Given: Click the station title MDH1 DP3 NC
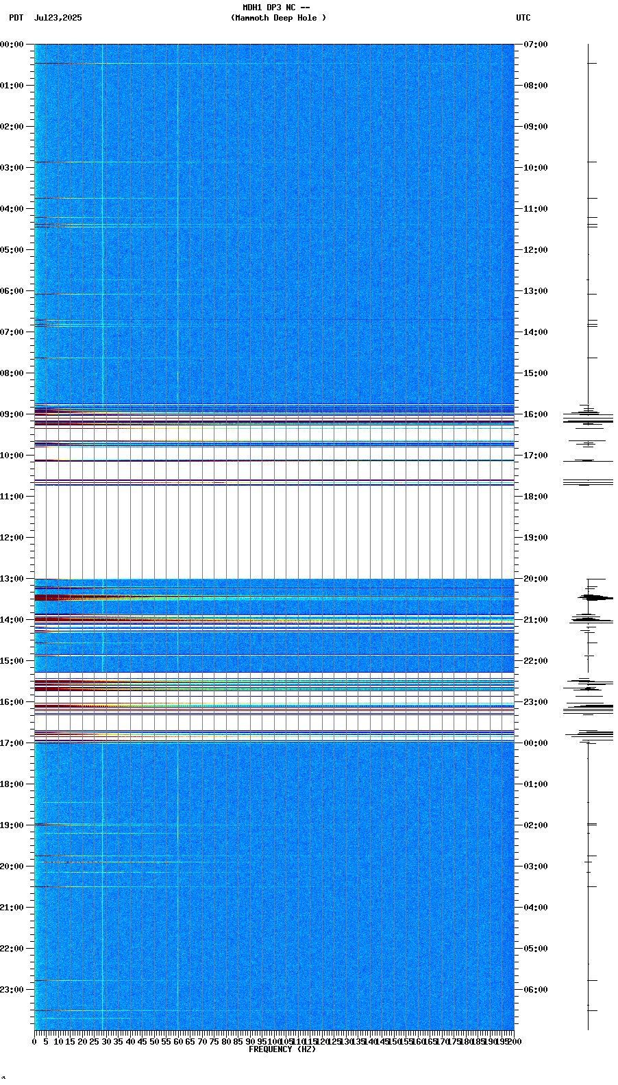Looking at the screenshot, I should coord(269,8).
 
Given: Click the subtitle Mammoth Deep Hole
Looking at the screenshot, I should coord(278,18).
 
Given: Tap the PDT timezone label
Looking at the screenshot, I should coord(16,18).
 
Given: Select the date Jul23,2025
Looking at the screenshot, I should coord(58,18).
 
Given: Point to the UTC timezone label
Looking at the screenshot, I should coord(523,18).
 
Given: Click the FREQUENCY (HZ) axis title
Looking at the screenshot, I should coord(282,1049).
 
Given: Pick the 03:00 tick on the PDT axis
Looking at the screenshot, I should coord(12,168).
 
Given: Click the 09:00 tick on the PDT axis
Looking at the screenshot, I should coord(12,414).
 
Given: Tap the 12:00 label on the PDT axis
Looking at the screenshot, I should coord(12,538).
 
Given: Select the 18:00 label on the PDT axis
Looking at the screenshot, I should coord(12,784).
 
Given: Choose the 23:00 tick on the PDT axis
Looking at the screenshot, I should coord(12,990).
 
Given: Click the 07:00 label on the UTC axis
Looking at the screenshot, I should coord(536,45).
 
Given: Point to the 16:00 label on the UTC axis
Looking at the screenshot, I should coord(536,414).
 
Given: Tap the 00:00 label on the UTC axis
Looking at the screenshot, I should coord(536,743).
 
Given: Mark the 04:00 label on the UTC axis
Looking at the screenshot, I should coord(536,908).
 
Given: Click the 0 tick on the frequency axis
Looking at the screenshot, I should coord(34,1042).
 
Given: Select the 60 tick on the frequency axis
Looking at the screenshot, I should coord(178,1042).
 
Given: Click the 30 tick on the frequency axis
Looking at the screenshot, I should coord(106,1042).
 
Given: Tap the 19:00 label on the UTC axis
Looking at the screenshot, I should coord(536,538).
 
